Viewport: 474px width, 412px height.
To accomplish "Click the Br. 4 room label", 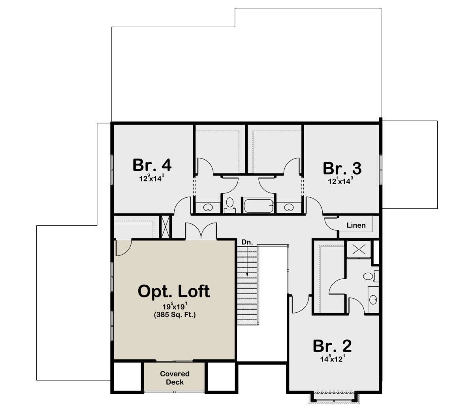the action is (152, 165).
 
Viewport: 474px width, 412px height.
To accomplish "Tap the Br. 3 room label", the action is (342, 168).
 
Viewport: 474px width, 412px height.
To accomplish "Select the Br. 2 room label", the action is (332, 346).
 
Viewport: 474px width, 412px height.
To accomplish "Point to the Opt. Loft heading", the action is (174, 291).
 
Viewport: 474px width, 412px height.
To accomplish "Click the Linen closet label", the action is (356, 225).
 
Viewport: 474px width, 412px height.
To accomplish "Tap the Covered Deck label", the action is (175, 378).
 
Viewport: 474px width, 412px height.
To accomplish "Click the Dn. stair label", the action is (247, 242).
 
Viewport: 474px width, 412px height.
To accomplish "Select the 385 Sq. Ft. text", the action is (175, 315).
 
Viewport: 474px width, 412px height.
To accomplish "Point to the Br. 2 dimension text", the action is (333, 359).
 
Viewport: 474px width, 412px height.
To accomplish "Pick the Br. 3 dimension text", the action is (340, 181).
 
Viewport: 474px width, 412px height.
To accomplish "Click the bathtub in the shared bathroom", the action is (258, 206).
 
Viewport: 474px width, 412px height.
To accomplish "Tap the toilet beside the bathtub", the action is (229, 205).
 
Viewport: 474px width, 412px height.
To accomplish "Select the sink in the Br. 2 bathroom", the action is (373, 300).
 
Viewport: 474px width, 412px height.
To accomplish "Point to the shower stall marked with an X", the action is (359, 249).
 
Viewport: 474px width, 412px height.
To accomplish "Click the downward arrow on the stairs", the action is (247, 261).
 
